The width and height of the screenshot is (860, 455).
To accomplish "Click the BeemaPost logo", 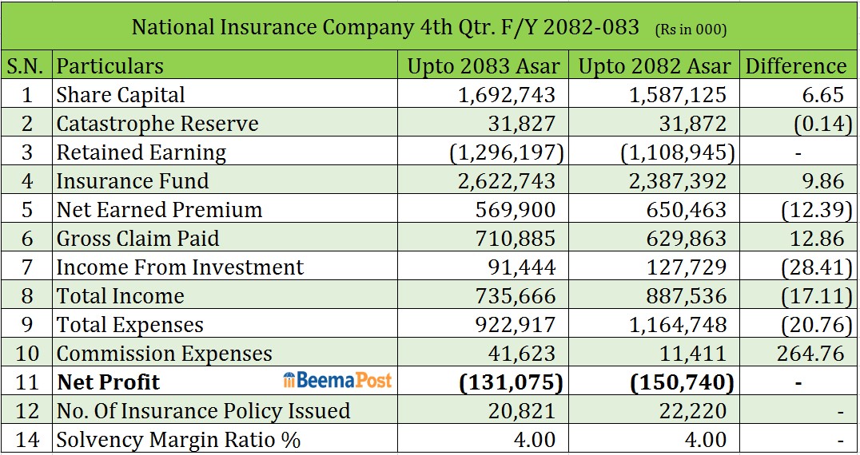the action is pos(337,380).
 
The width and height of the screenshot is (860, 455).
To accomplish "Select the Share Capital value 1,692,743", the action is pos(506,95).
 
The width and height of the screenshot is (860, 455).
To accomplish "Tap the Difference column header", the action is pos(796,66).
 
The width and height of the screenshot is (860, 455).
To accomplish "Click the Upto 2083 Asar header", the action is pos(484,66).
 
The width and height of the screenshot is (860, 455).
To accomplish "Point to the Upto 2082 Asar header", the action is pos(655,66).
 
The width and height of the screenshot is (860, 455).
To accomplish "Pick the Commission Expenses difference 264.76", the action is pos(810,354).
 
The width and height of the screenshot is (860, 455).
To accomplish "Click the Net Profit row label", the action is pos(108,382).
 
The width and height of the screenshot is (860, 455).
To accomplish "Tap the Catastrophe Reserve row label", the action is pos(157,124).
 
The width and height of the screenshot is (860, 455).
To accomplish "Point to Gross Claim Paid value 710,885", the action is pos(516,239).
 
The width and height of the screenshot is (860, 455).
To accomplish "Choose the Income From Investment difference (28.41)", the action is pos(817,267).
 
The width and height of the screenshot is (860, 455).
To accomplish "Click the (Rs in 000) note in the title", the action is pos(691,30).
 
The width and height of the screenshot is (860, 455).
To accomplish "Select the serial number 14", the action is pos(27,440).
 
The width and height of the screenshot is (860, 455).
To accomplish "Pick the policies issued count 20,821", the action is pos(522,411).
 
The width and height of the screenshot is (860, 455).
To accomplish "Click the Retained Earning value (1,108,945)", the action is pos(677,153).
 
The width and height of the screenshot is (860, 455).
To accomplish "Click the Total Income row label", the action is pos(121,296).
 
